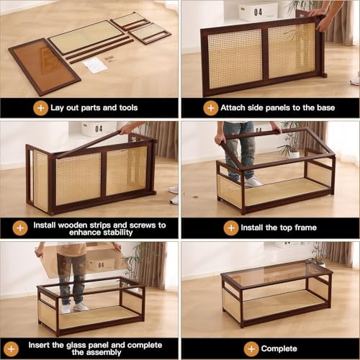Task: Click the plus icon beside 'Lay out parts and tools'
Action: point(40,108)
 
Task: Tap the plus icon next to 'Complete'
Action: point(251,349)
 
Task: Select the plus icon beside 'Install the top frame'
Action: point(231,228)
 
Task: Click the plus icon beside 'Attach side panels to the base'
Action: point(211,108)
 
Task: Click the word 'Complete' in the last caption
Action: point(279,348)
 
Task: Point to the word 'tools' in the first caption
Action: point(128,108)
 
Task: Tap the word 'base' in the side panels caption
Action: point(325,108)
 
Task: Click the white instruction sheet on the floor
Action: point(94,66)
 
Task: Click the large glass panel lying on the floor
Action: point(45,66)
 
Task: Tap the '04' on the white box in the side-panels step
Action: point(258,12)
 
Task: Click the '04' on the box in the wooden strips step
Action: point(99,129)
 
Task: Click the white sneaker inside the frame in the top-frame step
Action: point(253,182)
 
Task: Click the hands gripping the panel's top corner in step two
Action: point(319,19)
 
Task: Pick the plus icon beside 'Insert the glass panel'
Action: point(11,349)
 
